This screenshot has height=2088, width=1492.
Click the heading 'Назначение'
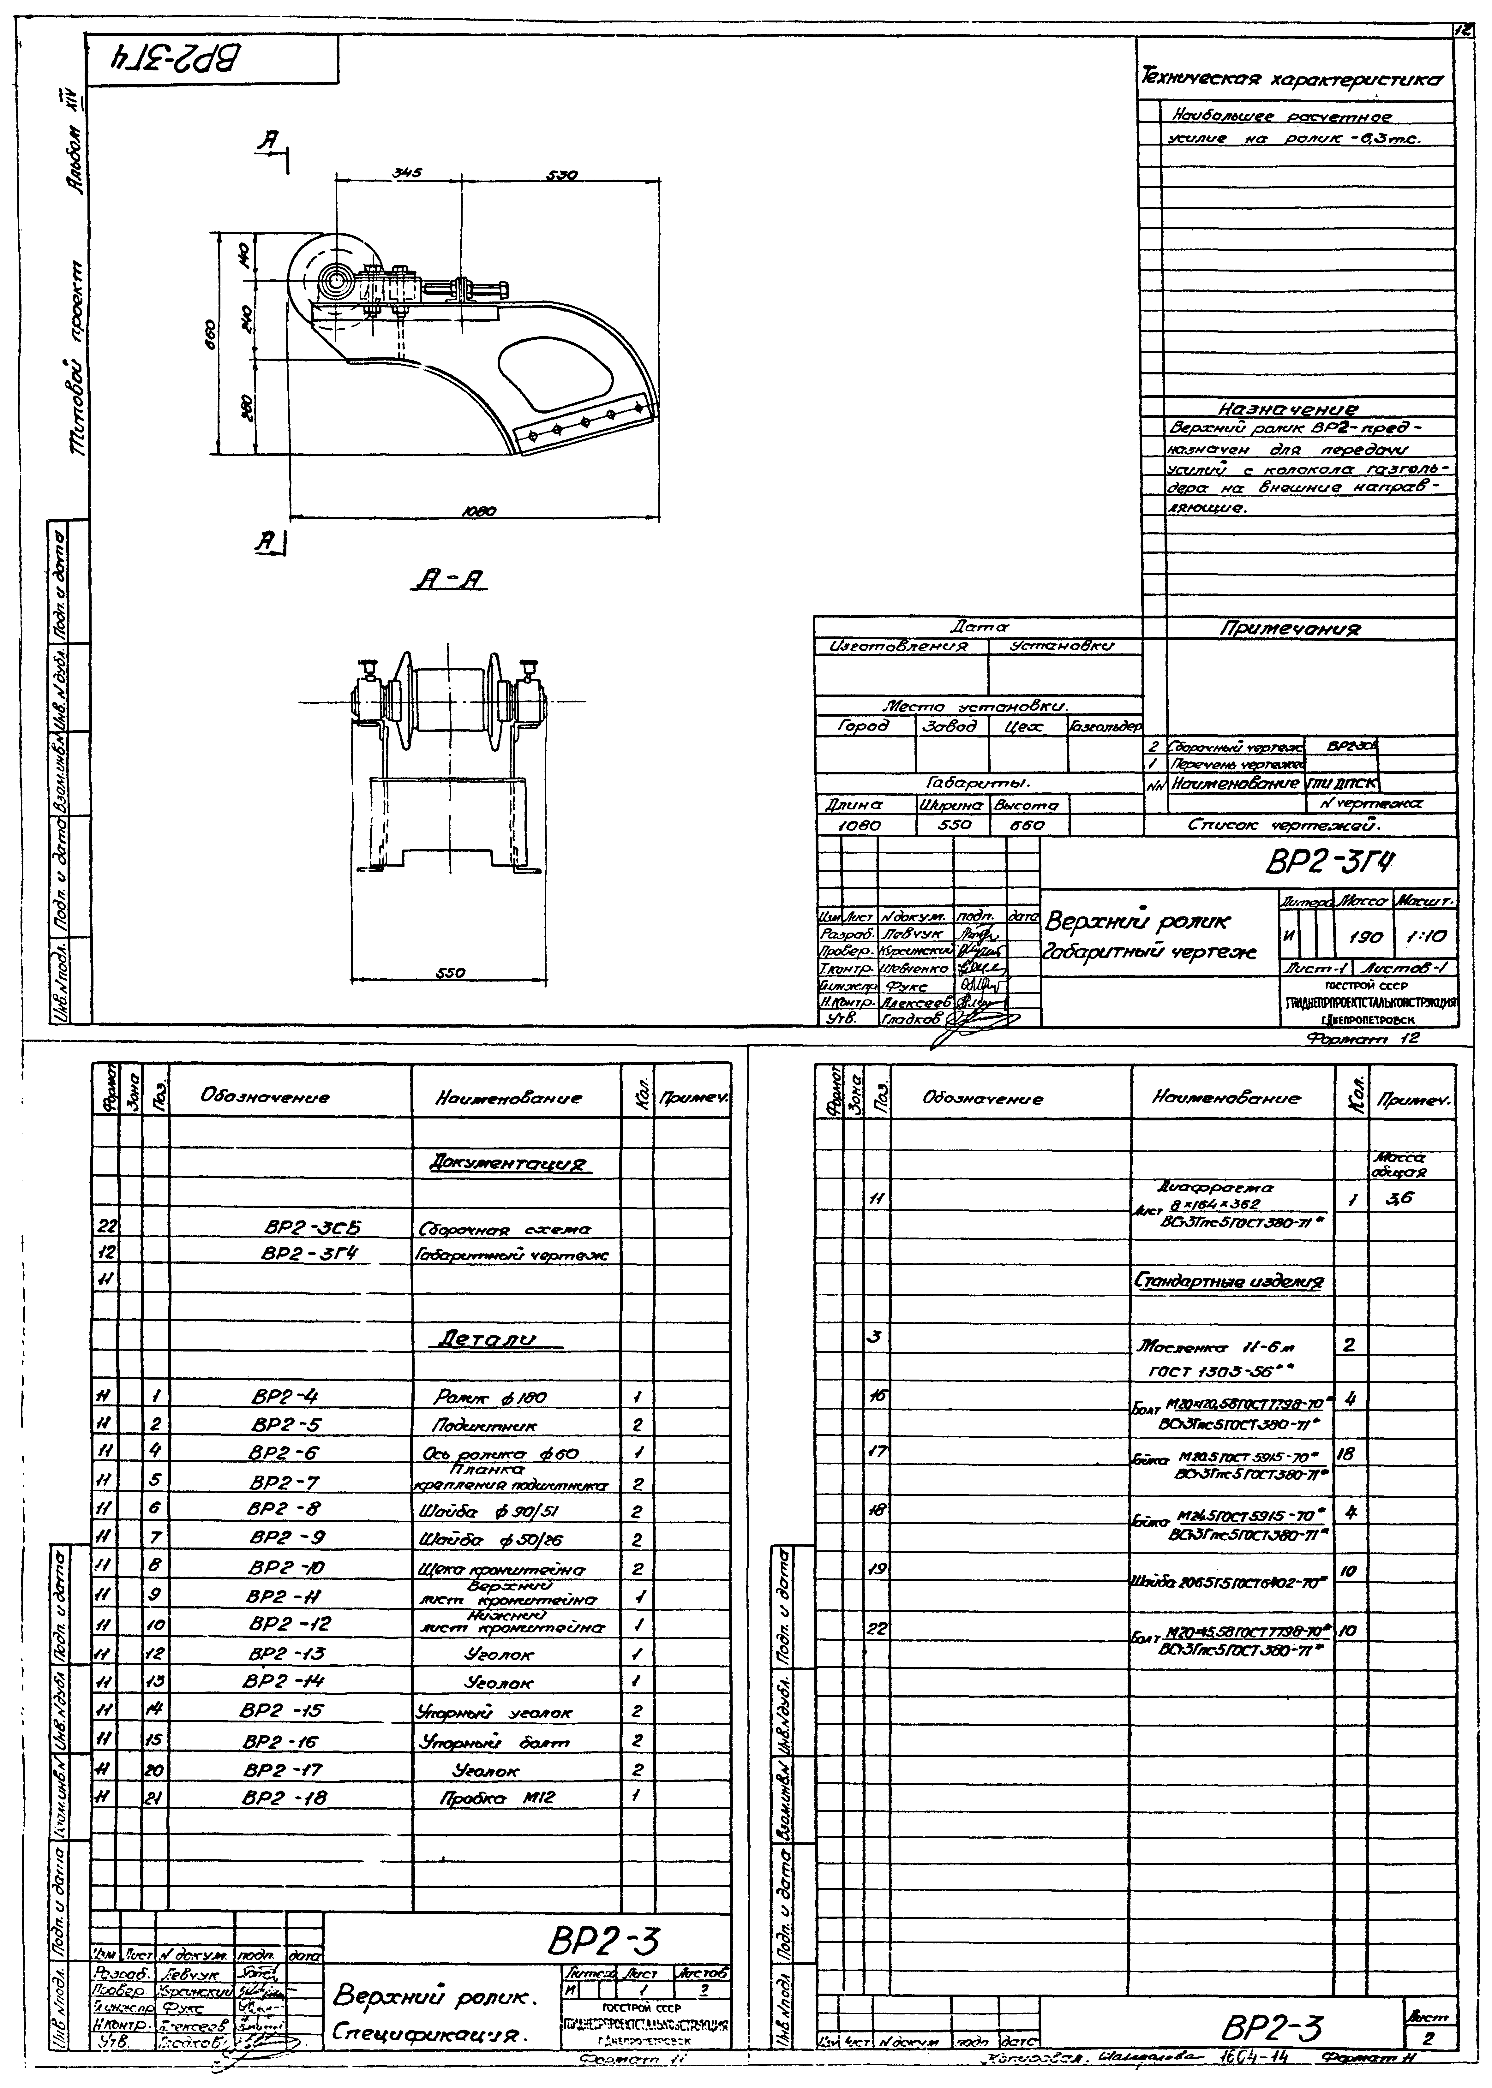click(1288, 409)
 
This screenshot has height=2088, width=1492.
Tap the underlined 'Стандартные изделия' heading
click(1229, 1280)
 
